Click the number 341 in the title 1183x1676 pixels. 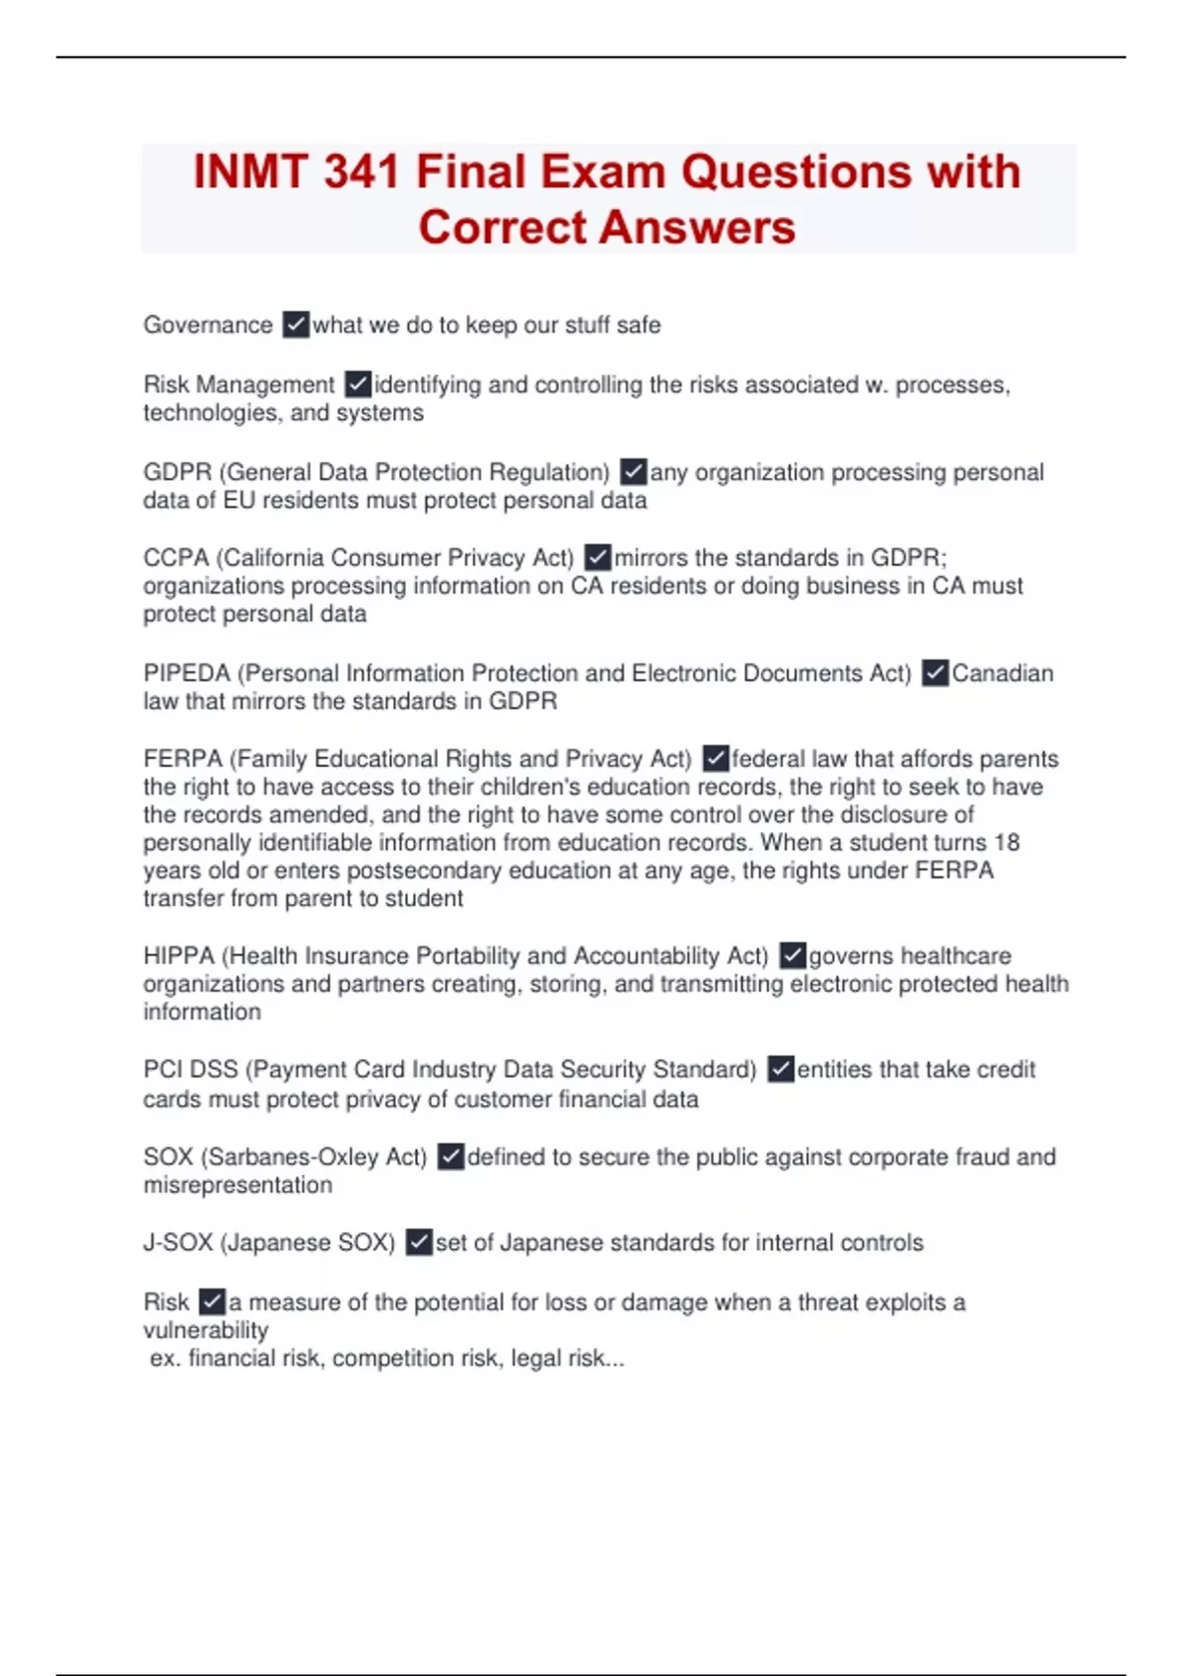pos(361,172)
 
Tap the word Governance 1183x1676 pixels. pos(208,325)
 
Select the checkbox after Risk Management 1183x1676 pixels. pos(358,384)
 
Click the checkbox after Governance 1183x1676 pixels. pos(296,324)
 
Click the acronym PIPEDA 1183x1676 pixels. pos(186,673)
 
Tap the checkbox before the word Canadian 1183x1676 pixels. pos(935,673)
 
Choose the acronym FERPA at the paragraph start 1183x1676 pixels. pos(182,759)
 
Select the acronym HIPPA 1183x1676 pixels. pos(178,956)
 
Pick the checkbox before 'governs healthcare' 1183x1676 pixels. pos(793,955)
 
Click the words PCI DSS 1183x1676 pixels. pos(190,1070)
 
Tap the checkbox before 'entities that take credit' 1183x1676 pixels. pos(781,1070)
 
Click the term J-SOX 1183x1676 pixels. pos(177,1242)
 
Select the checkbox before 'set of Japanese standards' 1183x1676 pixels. pos(419,1242)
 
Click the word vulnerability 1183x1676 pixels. pos(205,1330)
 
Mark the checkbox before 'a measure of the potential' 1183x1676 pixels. pos(212,1302)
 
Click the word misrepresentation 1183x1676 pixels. pos(238,1185)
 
